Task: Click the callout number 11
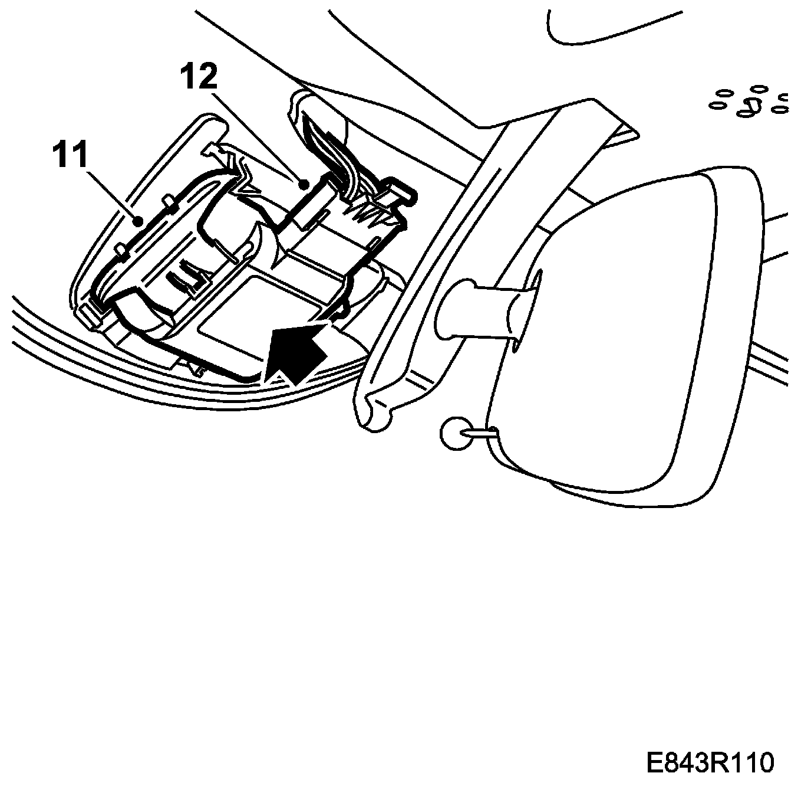70,155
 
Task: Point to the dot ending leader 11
137,221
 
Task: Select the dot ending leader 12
304,184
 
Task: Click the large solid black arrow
295,352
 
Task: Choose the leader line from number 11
112,195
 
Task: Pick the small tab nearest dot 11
169,204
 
